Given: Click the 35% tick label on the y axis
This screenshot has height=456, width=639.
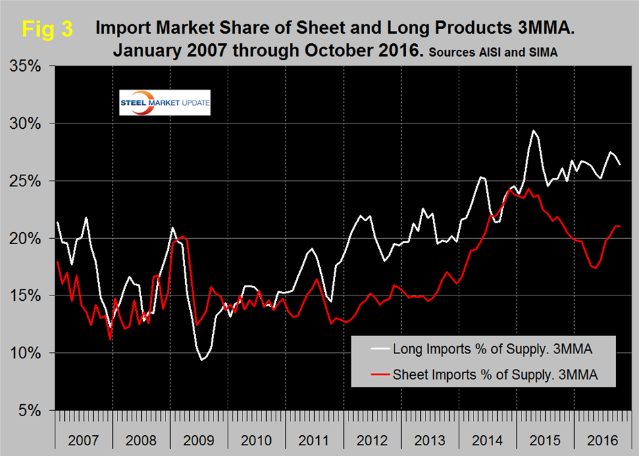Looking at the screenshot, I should tap(26, 67).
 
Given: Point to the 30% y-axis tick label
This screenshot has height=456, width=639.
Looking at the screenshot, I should tap(26, 124).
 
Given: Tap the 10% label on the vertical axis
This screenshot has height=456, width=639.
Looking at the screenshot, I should tap(26, 353).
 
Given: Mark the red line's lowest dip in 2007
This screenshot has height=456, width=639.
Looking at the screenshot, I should tap(110, 339).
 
